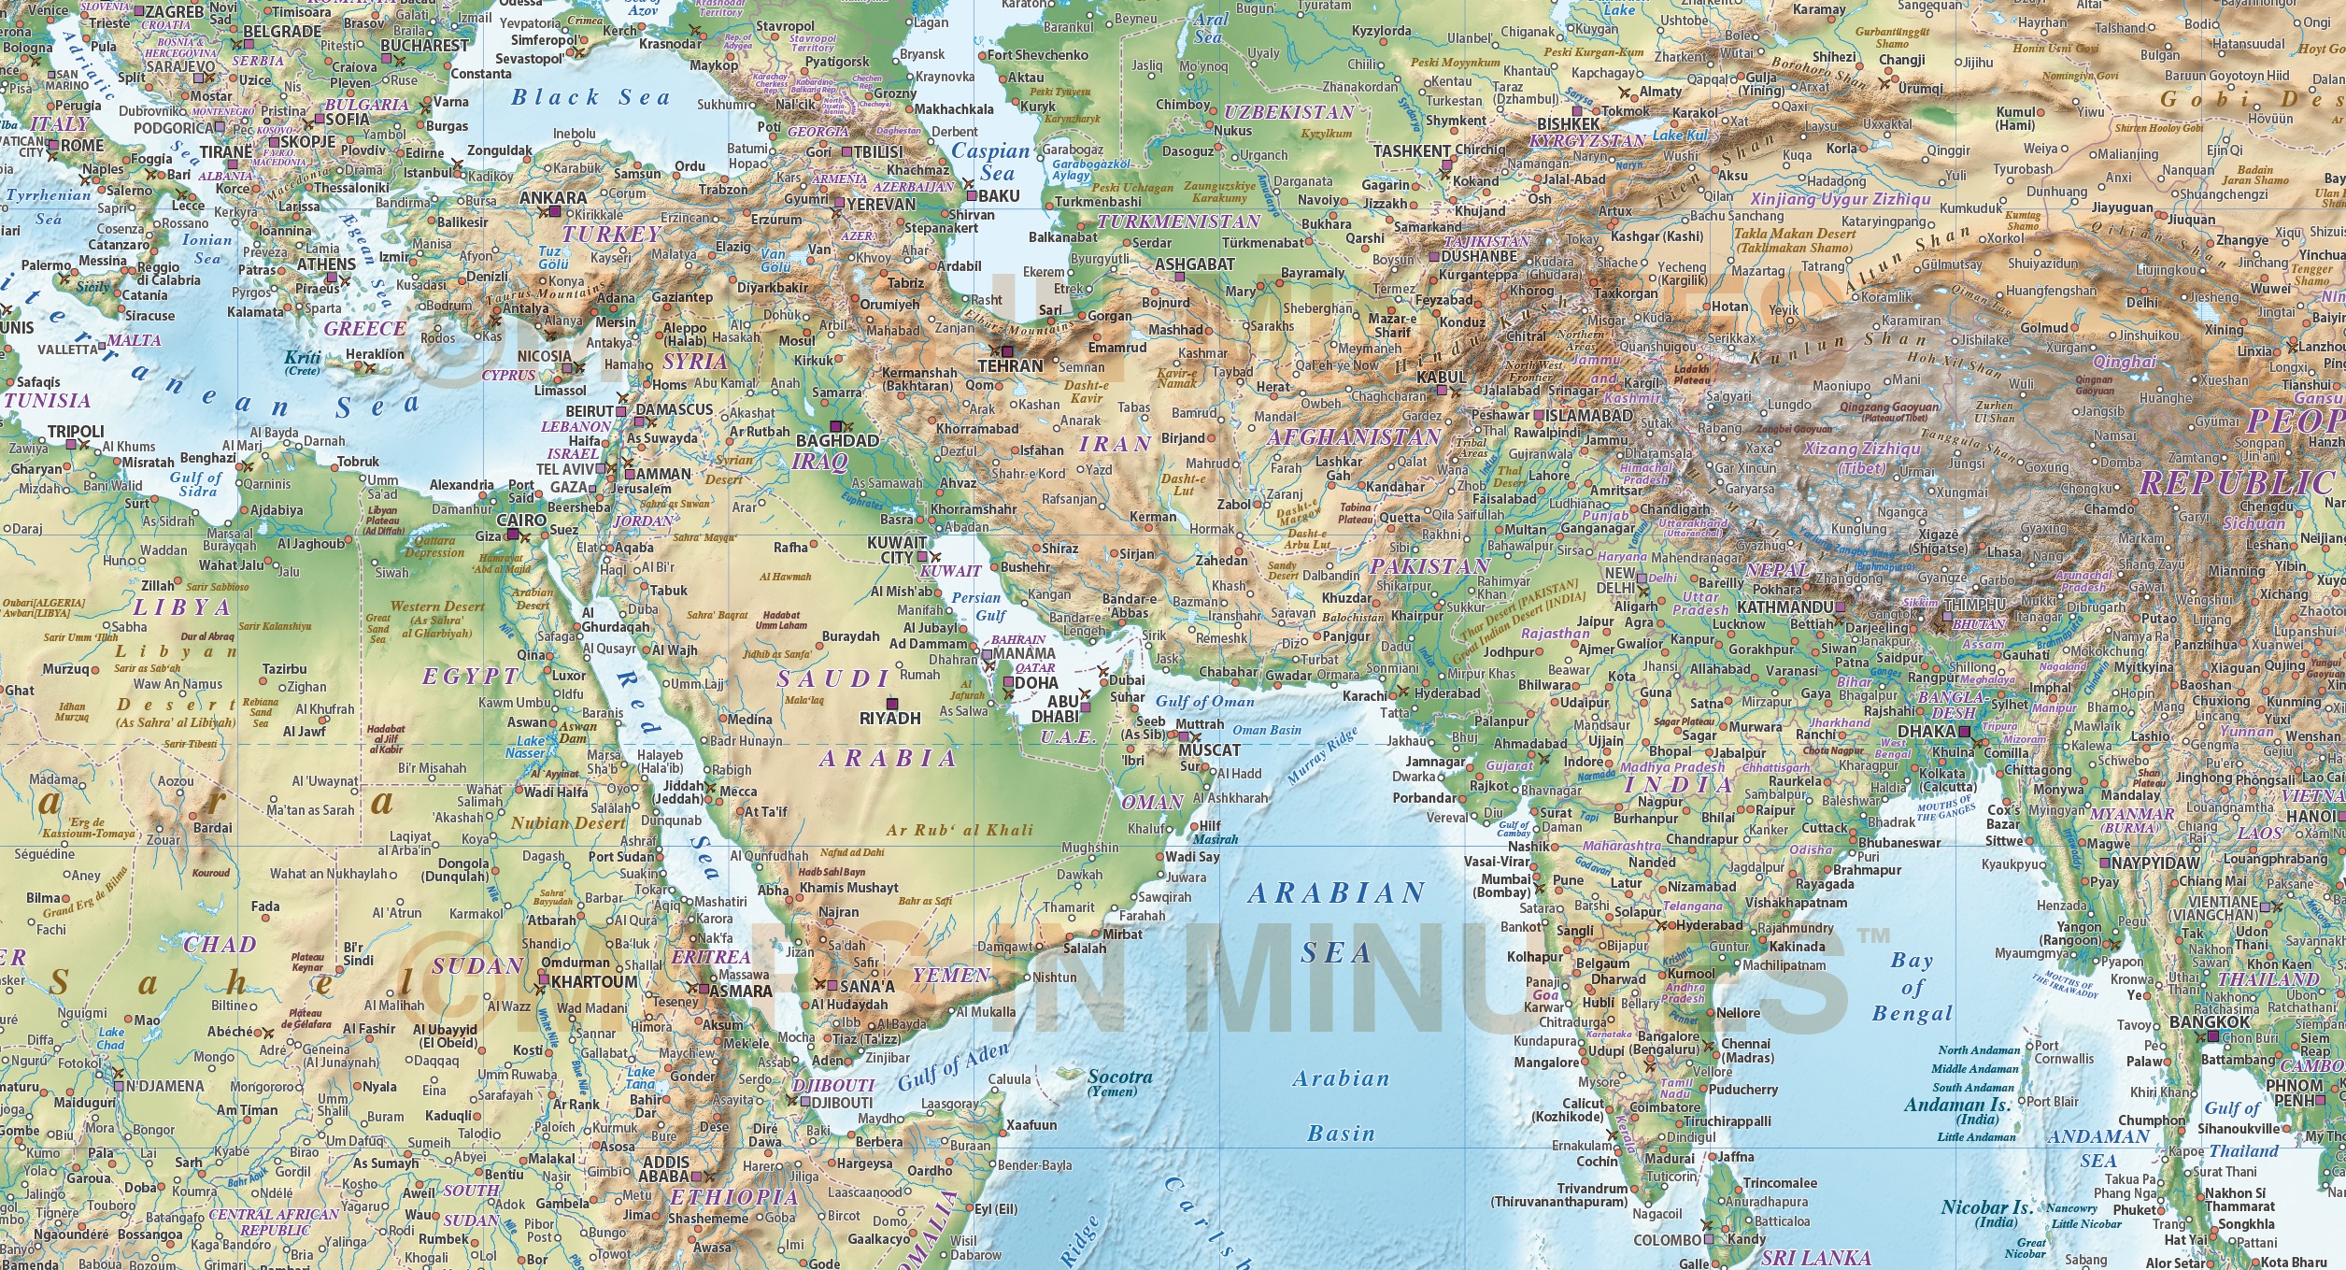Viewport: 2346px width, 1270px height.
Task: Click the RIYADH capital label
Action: click(x=889, y=719)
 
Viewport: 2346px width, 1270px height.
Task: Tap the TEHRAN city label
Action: click(x=1010, y=366)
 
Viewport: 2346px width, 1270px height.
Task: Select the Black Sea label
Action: click(x=590, y=97)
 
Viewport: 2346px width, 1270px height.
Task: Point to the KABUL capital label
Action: click(x=1442, y=378)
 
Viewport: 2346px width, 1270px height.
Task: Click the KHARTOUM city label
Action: click(x=594, y=982)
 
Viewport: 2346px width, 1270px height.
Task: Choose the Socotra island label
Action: click(x=1119, y=1077)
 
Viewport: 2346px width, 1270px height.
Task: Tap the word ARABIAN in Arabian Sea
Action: click(x=1336, y=893)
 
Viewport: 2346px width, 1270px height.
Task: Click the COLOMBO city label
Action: click(x=1667, y=1240)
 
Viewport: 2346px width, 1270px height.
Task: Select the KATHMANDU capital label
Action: click(x=1784, y=606)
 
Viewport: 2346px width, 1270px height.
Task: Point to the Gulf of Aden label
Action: click(x=953, y=1067)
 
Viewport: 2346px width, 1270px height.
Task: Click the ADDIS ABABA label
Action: click(x=665, y=1169)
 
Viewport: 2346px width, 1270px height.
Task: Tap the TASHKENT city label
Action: click(x=1411, y=150)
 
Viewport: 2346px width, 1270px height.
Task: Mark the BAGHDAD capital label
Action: click(x=837, y=440)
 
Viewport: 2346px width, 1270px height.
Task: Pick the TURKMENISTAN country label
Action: click(x=1178, y=221)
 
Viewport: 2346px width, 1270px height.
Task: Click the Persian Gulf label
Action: click(x=976, y=606)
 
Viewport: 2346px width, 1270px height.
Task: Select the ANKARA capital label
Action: click(x=553, y=198)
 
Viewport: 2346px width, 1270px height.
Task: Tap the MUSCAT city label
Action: click(x=1209, y=750)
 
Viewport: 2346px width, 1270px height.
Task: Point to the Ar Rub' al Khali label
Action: click(x=960, y=830)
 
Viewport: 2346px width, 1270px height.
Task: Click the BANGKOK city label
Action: click(x=2210, y=1022)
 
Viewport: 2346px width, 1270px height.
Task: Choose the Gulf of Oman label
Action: click(x=1205, y=701)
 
